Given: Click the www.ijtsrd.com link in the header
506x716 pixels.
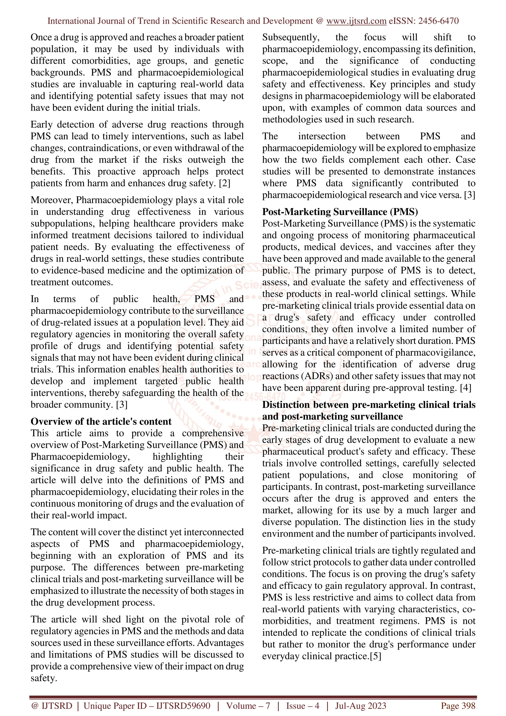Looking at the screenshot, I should coord(356,21).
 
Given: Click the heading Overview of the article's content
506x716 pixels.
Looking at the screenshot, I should coord(101,421).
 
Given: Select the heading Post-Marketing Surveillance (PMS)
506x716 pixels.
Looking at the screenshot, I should coord(340,212).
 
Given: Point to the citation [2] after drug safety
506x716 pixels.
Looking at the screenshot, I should coord(225,183).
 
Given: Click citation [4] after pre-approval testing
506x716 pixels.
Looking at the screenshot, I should coord(465,388).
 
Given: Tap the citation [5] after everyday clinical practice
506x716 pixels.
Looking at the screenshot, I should coord(375,656).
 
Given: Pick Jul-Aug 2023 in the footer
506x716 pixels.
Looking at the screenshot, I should coord(360,706).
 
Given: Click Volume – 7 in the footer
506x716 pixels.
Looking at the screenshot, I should coord(248,706).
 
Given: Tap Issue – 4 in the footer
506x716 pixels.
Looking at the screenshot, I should coord(302,706).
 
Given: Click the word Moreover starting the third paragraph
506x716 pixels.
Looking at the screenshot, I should coord(52,200).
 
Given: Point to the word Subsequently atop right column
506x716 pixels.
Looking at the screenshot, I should coord(291,37).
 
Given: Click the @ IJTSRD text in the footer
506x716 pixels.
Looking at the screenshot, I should coord(52,706).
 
